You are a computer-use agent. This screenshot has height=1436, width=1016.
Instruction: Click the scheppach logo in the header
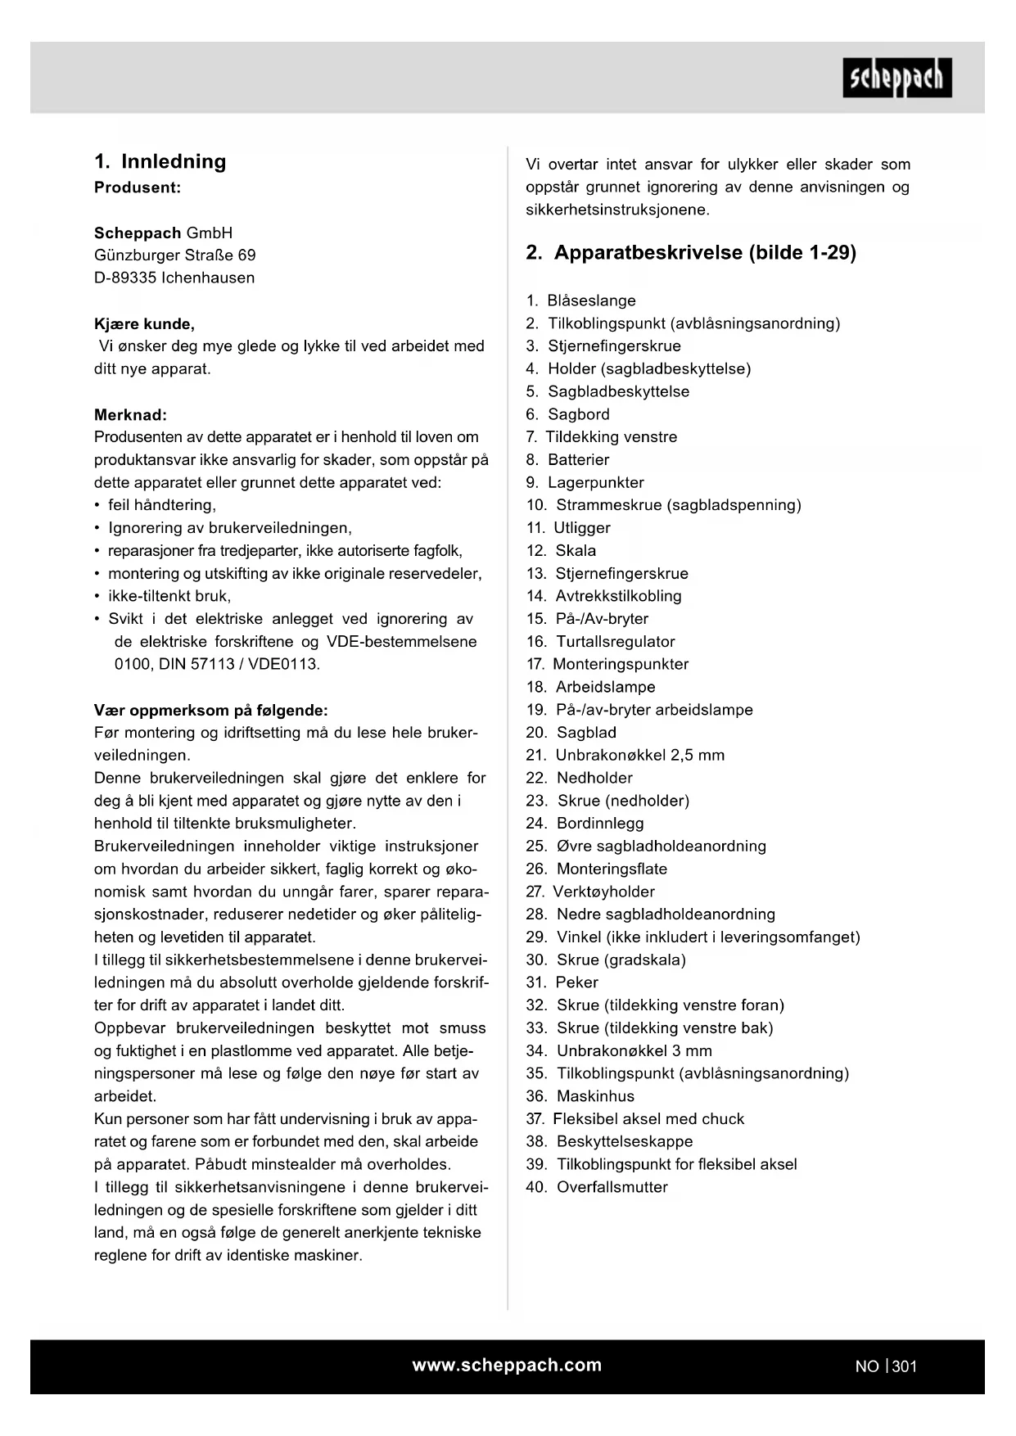pos(896,78)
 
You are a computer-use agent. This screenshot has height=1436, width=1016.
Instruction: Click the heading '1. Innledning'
pos(160,161)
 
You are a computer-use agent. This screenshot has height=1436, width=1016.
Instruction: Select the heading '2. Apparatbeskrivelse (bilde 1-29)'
pos(691,252)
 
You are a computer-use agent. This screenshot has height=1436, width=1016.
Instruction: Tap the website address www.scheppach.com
pos(507,1365)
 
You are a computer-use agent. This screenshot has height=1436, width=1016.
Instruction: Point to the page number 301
pos(905,1366)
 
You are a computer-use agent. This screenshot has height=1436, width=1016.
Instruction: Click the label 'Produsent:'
pos(138,187)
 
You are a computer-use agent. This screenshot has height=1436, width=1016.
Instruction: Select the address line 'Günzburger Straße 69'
pos(174,255)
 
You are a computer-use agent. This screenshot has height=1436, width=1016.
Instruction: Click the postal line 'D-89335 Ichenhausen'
pos(174,278)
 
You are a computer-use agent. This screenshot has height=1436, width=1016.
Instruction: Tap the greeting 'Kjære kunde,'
pos(144,323)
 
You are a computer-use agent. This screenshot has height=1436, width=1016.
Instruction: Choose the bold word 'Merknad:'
pos(130,415)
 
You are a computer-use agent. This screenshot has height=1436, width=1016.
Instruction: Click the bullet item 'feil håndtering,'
pos(161,505)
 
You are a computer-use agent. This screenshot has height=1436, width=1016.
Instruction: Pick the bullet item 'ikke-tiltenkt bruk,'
pos(169,596)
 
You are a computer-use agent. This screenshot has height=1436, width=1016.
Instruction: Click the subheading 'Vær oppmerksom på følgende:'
pos(211,710)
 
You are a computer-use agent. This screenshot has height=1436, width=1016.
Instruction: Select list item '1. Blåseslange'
pos(580,300)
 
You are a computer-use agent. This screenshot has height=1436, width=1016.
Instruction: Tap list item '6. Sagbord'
pos(567,414)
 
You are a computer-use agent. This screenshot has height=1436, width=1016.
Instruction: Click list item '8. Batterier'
pos(567,459)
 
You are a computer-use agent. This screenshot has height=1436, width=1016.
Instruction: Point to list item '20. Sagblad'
pos(571,732)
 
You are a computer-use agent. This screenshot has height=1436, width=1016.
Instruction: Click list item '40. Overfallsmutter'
pos(596,1186)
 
